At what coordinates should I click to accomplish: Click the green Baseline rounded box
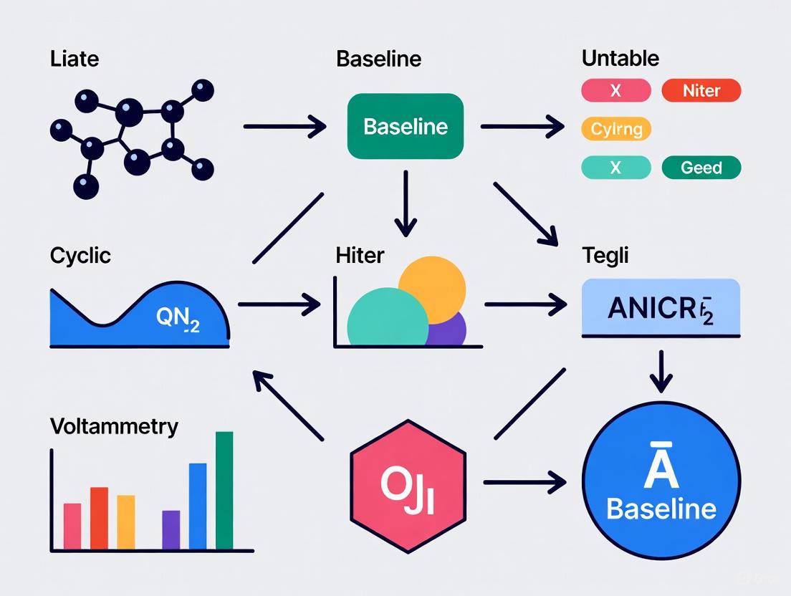[405, 127]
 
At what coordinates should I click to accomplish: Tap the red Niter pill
[701, 91]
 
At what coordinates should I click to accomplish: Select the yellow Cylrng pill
[616, 129]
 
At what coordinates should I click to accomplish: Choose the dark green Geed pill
[701, 168]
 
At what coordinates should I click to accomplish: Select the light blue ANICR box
[661, 308]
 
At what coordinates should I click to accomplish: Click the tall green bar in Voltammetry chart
[224, 490]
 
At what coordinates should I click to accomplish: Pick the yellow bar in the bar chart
[126, 521]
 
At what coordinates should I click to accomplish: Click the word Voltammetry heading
[114, 427]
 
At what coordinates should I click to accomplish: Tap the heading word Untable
[620, 58]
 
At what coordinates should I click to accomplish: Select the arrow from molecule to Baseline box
[284, 128]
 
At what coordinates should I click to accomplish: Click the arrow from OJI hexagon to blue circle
[524, 483]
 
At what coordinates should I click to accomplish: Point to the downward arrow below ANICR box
[661, 371]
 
